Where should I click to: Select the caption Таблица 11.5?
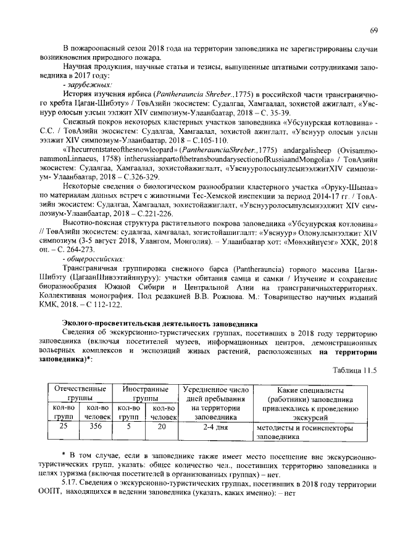(353, 370)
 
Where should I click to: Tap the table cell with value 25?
(63, 425)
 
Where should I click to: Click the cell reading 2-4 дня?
(212, 425)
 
